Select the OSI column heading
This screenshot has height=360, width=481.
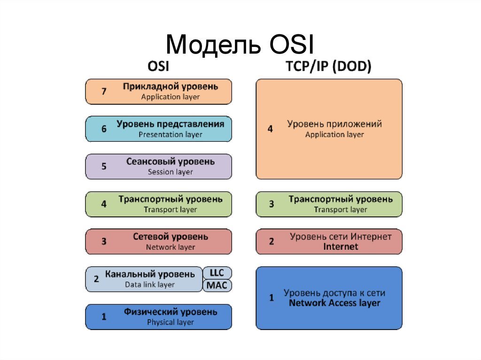point(158,66)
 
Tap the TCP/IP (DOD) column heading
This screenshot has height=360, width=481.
point(328,66)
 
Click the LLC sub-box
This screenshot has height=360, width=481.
point(217,273)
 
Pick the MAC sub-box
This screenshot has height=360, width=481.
point(217,285)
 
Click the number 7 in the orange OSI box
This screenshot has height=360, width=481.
point(104,91)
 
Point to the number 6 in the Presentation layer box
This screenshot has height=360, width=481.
point(104,129)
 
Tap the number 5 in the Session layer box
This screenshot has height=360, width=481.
point(104,166)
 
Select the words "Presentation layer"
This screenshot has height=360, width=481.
point(170,135)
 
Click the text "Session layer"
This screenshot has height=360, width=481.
point(170,172)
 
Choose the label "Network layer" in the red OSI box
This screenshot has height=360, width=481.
point(170,247)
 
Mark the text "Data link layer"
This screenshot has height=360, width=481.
point(150,285)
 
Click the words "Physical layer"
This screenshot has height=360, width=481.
point(170,322)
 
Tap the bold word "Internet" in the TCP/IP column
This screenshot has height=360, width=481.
point(341,246)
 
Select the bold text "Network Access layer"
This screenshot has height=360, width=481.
point(334,303)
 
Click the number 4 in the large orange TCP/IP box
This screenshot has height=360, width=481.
point(270,129)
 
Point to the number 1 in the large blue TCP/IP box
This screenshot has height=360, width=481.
point(271,298)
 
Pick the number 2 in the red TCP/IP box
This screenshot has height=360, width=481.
point(271,241)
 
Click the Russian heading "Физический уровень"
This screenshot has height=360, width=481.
point(170,312)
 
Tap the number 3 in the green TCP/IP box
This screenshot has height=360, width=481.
point(271,204)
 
